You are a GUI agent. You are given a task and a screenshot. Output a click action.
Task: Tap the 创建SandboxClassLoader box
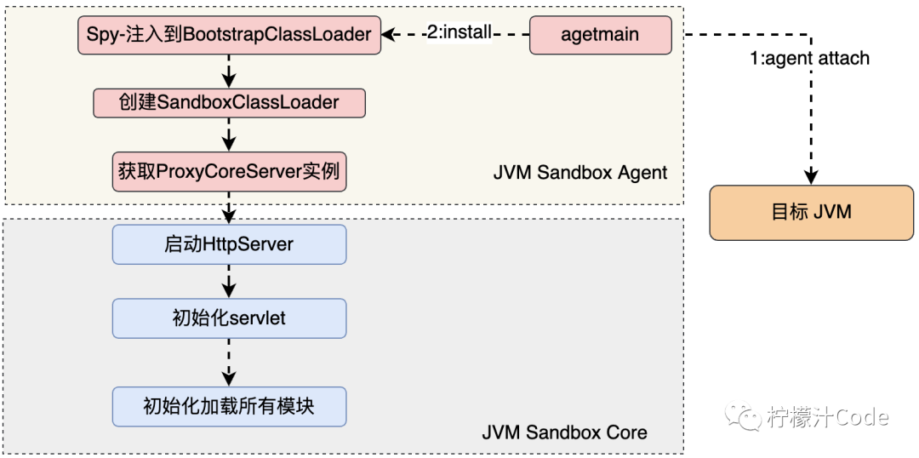(229, 103)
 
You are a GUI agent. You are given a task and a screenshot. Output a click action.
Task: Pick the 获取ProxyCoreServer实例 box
(229, 171)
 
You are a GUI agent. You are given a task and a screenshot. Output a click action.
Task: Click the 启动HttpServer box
(229, 244)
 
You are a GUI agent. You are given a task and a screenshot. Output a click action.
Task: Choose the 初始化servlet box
(229, 318)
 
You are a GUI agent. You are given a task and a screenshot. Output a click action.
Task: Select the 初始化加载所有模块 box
(229, 406)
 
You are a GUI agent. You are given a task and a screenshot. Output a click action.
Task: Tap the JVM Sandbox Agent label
(580, 173)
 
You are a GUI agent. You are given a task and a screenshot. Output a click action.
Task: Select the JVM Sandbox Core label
(564, 432)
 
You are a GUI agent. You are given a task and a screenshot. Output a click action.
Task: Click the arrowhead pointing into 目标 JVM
(812, 177)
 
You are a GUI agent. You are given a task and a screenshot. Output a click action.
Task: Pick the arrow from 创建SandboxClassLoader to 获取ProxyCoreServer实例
(229, 136)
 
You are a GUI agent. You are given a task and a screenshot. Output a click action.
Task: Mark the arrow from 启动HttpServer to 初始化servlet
(229, 281)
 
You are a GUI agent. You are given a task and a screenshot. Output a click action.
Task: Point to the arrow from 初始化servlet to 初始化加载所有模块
(229, 362)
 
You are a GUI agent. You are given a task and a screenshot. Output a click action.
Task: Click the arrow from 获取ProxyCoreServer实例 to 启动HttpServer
(229, 208)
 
